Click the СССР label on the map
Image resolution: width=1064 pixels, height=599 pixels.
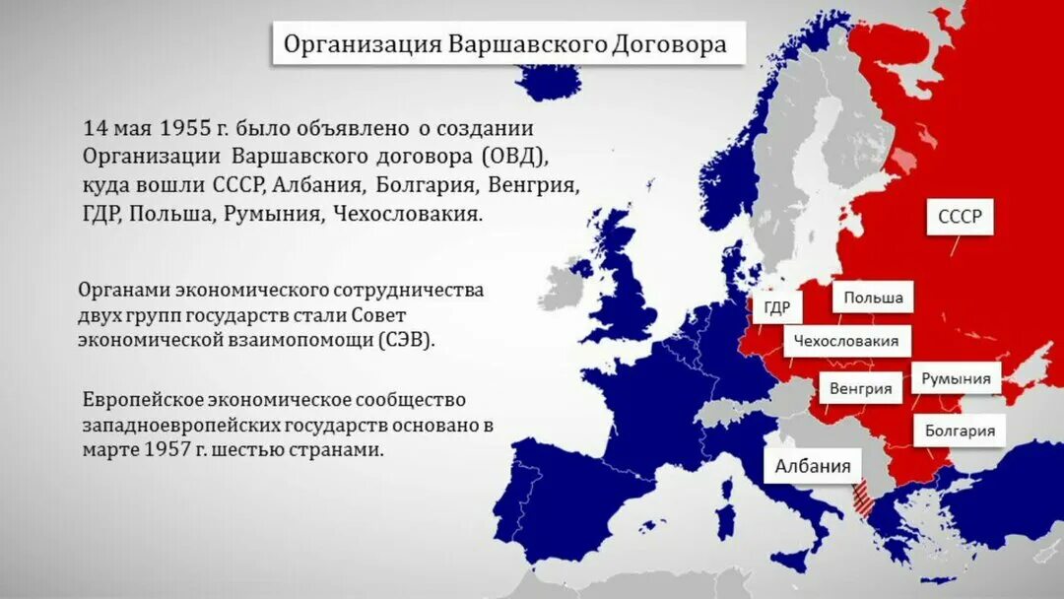click(x=960, y=217)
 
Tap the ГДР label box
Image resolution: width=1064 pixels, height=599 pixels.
click(x=776, y=307)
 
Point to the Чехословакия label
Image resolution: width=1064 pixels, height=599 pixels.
click(x=847, y=341)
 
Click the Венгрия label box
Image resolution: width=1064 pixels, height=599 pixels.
click(x=860, y=388)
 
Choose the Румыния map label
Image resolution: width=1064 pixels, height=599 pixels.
click(x=956, y=378)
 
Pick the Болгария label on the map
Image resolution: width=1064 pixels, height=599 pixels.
click(x=960, y=431)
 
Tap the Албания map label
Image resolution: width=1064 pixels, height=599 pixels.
click(x=813, y=466)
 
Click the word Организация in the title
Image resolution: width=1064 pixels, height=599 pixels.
click(x=362, y=44)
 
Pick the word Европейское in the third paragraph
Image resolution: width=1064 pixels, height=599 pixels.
click(x=143, y=400)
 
